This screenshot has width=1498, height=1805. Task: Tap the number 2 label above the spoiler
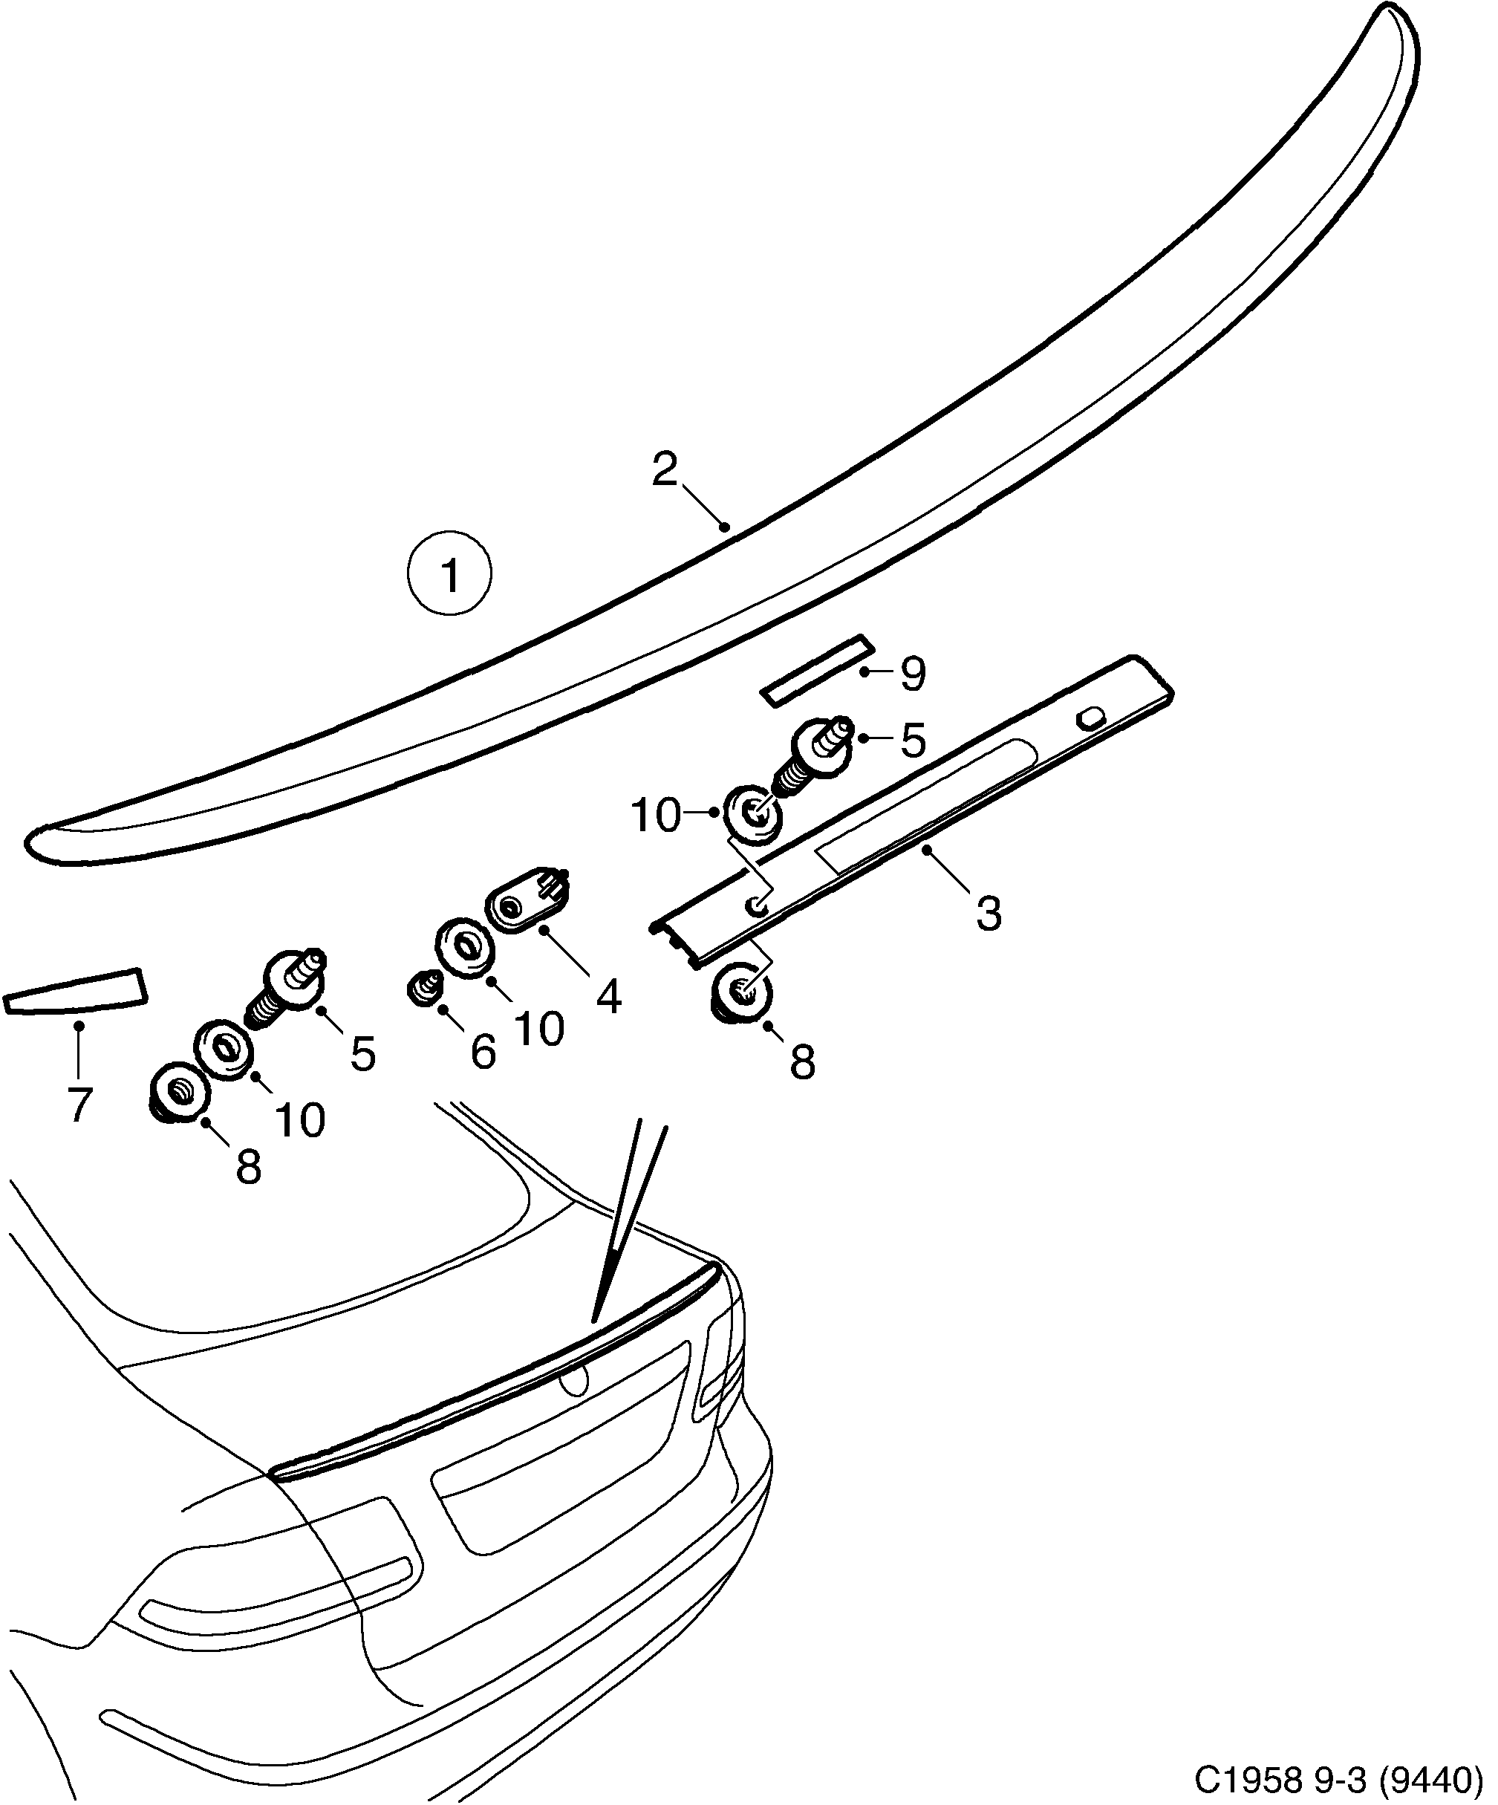click(665, 469)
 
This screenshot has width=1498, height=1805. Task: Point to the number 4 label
click(608, 997)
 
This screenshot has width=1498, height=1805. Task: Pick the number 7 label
click(78, 1105)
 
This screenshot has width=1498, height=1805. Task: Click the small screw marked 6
click(423, 989)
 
